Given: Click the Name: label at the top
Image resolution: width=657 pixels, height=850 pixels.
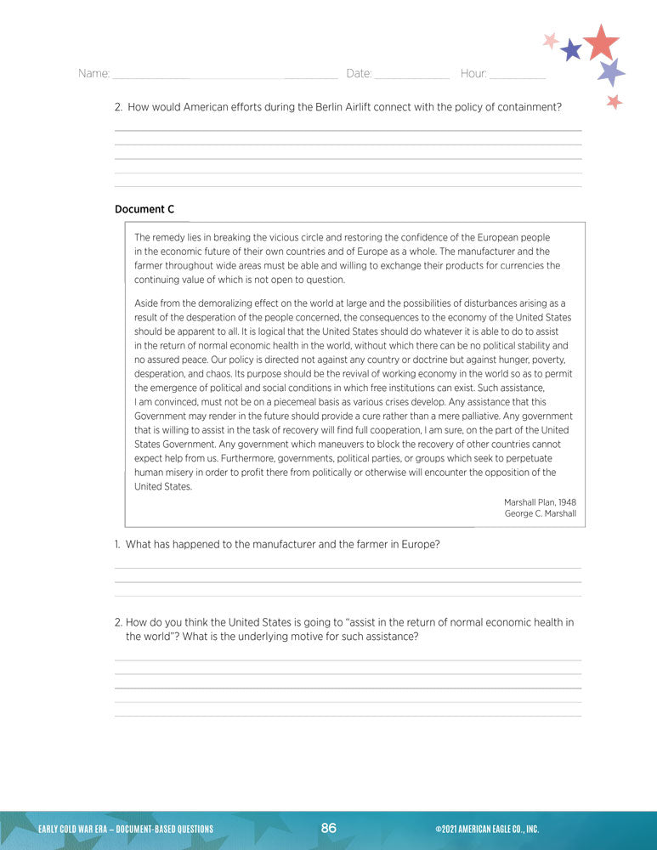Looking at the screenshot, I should tap(93, 74).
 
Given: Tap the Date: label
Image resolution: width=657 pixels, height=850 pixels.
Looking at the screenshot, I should tap(359, 74).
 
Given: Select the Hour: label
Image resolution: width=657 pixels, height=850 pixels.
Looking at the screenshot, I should tap(473, 74).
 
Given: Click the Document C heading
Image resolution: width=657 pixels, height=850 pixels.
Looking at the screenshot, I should tap(144, 209).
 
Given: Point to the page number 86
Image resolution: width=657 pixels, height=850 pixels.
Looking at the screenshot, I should tap(329, 829).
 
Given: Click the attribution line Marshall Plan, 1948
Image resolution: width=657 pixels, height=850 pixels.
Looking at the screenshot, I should tap(540, 502).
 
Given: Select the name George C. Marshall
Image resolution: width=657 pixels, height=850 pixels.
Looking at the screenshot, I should tap(540, 514).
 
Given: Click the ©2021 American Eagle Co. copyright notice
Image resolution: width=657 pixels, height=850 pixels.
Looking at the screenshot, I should tap(487, 830).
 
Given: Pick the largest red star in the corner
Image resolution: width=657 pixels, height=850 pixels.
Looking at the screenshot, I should tap(602, 42).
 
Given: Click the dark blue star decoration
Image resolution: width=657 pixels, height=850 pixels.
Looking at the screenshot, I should tap(571, 50).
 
